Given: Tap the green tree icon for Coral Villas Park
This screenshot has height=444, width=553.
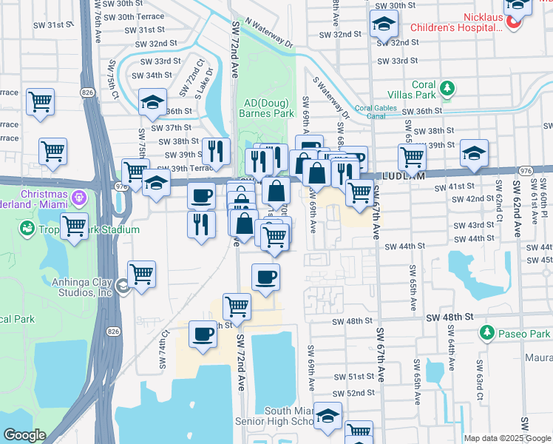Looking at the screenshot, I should [x=447, y=90].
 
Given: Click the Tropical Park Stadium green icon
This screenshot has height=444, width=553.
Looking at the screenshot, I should [x=28, y=229].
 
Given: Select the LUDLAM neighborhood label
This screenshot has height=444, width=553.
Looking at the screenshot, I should [x=403, y=177].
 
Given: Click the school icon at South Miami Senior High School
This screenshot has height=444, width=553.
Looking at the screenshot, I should [x=327, y=416].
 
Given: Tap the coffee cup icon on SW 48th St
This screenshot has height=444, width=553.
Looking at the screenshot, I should [x=203, y=334].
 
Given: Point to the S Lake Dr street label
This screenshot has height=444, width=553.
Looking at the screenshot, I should [x=208, y=82].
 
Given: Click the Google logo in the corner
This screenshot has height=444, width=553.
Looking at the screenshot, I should [x=24, y=435].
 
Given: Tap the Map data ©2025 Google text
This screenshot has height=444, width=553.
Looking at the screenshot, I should [x=506, y=438].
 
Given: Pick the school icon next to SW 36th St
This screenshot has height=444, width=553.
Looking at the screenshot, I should [x=152, y=102].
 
